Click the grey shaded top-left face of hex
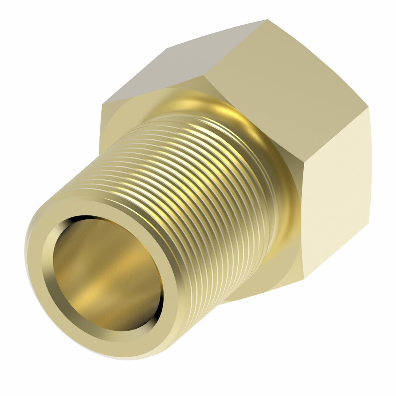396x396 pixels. [x=158, y=71]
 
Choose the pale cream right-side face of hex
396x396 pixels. [x=337, y=190]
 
